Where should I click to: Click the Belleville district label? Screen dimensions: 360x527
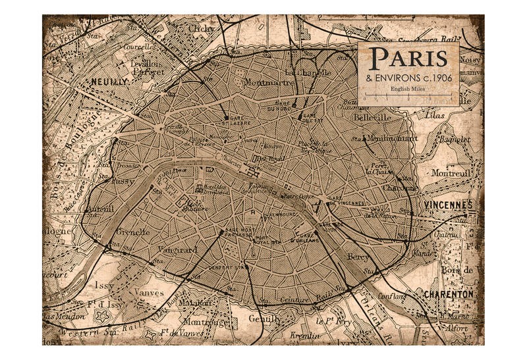click(372, 117)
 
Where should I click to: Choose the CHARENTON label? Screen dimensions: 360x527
click(449, 294)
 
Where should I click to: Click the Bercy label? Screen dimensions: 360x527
click(358, 257)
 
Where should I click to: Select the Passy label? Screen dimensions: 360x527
click(123, 181)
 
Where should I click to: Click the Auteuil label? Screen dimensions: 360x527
click(101, 209)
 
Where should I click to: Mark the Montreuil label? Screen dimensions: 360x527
click(449, 173)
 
